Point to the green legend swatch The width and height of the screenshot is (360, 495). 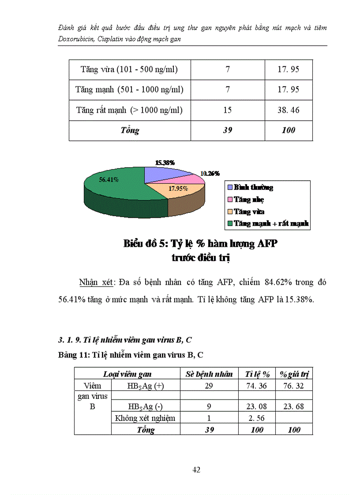229,224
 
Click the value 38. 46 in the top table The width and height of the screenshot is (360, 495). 288,110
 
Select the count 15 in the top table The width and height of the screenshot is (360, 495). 228,110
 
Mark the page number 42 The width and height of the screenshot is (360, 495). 197,470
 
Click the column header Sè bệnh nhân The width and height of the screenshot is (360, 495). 209,374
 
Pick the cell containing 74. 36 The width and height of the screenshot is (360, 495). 257,386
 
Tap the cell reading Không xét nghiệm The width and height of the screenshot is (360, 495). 145,418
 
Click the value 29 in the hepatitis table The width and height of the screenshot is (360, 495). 209,386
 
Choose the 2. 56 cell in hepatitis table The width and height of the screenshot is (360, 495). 257,418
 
